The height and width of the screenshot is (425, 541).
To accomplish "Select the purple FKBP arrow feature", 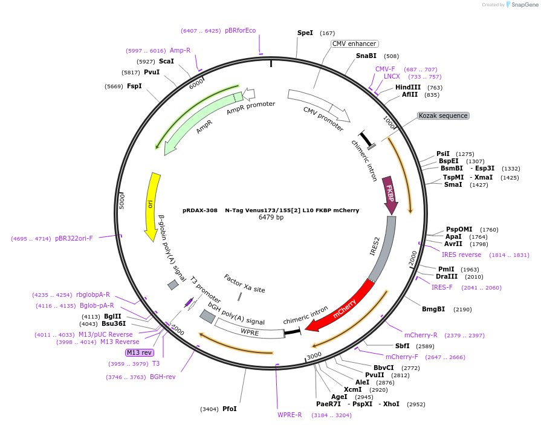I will pyautogui.click(x=390, y=196).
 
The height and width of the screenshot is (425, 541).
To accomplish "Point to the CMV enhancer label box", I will pyautogui.click(x=354, y=44).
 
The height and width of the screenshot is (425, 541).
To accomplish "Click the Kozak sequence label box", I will pyautogui.click(x=443, y=115).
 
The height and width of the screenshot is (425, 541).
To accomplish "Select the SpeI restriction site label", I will pyautogui.click(x=305, y=33).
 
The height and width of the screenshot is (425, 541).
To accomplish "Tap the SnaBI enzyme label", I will pyautogui.click(x=366, y=56).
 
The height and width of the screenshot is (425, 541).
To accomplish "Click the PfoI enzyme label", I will pyautogui.click(x=229, y=409).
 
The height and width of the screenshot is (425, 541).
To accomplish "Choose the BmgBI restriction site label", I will pyautogui.click(x=433, y=309).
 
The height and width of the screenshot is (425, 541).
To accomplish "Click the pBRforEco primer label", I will pyautogui.click(x=240, y=30).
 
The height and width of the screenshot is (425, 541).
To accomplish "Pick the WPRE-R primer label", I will pyautogui.click(x=290, y=415).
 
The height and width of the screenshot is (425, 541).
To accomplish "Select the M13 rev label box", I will pyautogui.click(x=139, y=352).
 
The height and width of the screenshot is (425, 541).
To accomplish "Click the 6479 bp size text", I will pyautogui.click(x=271, y=217).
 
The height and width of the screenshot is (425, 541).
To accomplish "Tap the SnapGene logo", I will pyautogui.click(x=521, y=5).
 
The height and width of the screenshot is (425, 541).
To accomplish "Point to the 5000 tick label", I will pyautogui.click(x=121, y=201).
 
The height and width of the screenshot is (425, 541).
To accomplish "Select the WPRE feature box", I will pyautogui.click(x=250, y=331).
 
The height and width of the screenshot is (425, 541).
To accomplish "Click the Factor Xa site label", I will pyautogui.click(x=244, y=284).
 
